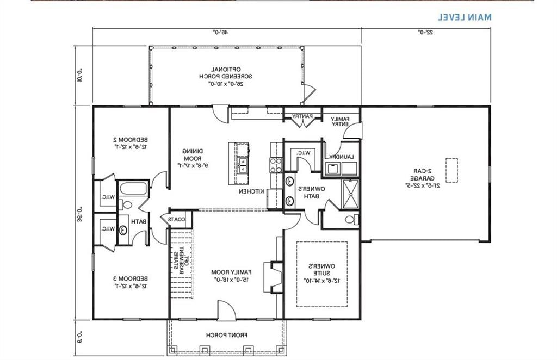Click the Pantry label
pos(301,116)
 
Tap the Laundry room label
pos(341,157)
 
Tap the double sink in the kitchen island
pos(243,165)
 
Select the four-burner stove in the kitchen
pos(275,165)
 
